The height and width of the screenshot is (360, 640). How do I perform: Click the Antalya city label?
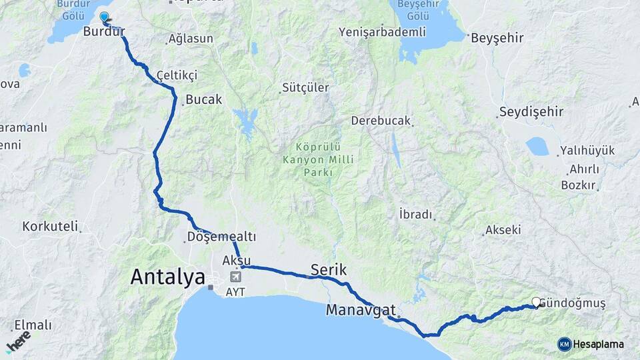coord(168,277)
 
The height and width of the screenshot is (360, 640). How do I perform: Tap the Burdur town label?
coord(104,31)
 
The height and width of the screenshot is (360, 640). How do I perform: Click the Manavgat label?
coord(361,310)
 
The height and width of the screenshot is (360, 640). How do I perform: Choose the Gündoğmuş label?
coord(574,303)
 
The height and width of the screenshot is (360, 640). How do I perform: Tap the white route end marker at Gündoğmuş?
coord(536,302)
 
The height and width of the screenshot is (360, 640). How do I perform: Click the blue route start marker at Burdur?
coord(104,17)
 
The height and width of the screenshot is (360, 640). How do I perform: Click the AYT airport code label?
coord(235,291)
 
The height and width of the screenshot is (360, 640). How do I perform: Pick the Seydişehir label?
coord(531,111)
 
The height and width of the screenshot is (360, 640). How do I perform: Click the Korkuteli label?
coord(50,226)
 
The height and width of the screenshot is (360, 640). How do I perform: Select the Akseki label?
coord(503,230)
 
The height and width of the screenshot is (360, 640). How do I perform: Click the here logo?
coord(18,341)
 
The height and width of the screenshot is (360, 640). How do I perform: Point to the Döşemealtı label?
coord(221,237)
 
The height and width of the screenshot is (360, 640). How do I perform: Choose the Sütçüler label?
coord(305,87)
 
